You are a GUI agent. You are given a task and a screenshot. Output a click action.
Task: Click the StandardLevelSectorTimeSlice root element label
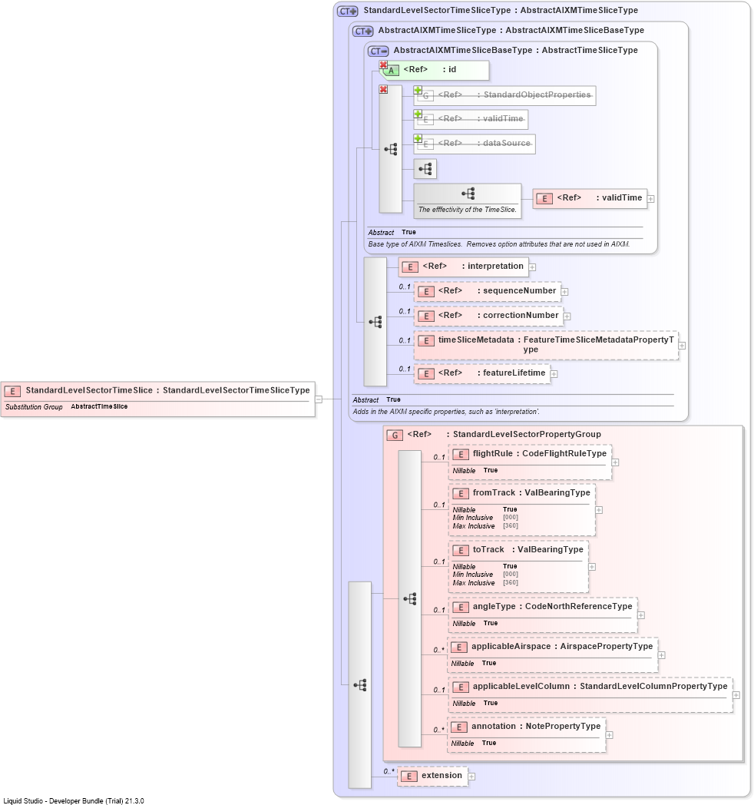pyautogui.click(x=89, y=390)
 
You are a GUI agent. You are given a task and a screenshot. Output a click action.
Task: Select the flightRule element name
pyautogui.click(x=493, y=453)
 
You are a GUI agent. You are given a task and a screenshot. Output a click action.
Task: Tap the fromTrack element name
pyautogui.click(x=494, y=492)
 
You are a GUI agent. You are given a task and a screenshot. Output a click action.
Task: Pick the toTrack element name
pyautogui.click(x=488, y=549)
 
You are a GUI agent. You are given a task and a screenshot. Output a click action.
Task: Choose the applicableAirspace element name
pyautogui.click(x=511, y=646)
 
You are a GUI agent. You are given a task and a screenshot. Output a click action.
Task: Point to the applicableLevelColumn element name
pyautogui.click(x=521, y=687)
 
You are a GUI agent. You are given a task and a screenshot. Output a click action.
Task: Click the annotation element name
pyautogui.click(x=493, y=727)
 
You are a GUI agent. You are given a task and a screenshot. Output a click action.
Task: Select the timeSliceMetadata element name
pyautogui.click(x=476, y=340)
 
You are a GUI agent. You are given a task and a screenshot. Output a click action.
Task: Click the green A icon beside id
pyautogui.click(x=391, y=71)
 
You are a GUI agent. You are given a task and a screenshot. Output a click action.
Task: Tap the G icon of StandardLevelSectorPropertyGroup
pyautogui.click(x=394, y=436)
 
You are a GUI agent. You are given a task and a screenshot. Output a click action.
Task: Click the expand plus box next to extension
pyautogui.click(x=471, y=777)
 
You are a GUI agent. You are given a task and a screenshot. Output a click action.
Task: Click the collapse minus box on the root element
pyautogui.click(x=319, y=399)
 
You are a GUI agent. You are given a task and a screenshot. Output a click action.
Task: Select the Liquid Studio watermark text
pyautogui.click(x=74, y=800)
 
